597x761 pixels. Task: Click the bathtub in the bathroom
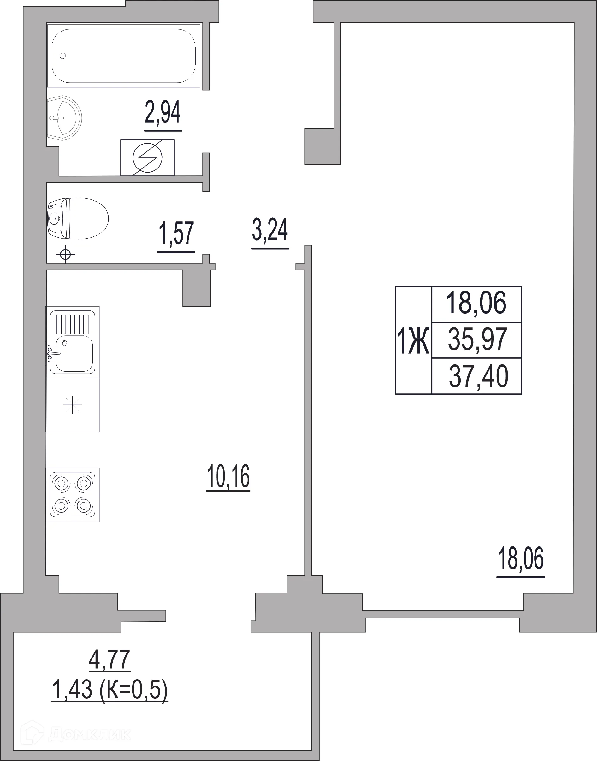[x=124, y=56]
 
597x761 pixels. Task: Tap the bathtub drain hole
[x=63, y=56]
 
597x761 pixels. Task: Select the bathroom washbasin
[x=64, y=118]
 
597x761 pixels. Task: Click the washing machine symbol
[x=147, y=157]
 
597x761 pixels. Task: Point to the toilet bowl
[x=78, y=219]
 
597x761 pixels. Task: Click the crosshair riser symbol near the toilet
[x=65, y=254]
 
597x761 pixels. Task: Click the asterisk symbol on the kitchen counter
[x=72, y=405]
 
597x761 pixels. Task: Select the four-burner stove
[x=73, y=495]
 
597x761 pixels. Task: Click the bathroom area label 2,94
[x=163, y=112]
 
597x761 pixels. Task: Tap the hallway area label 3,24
[x=270, y=230]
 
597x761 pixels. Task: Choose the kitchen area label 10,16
[x=228, y=476]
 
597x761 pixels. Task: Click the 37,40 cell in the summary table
[x=478, y=376]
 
